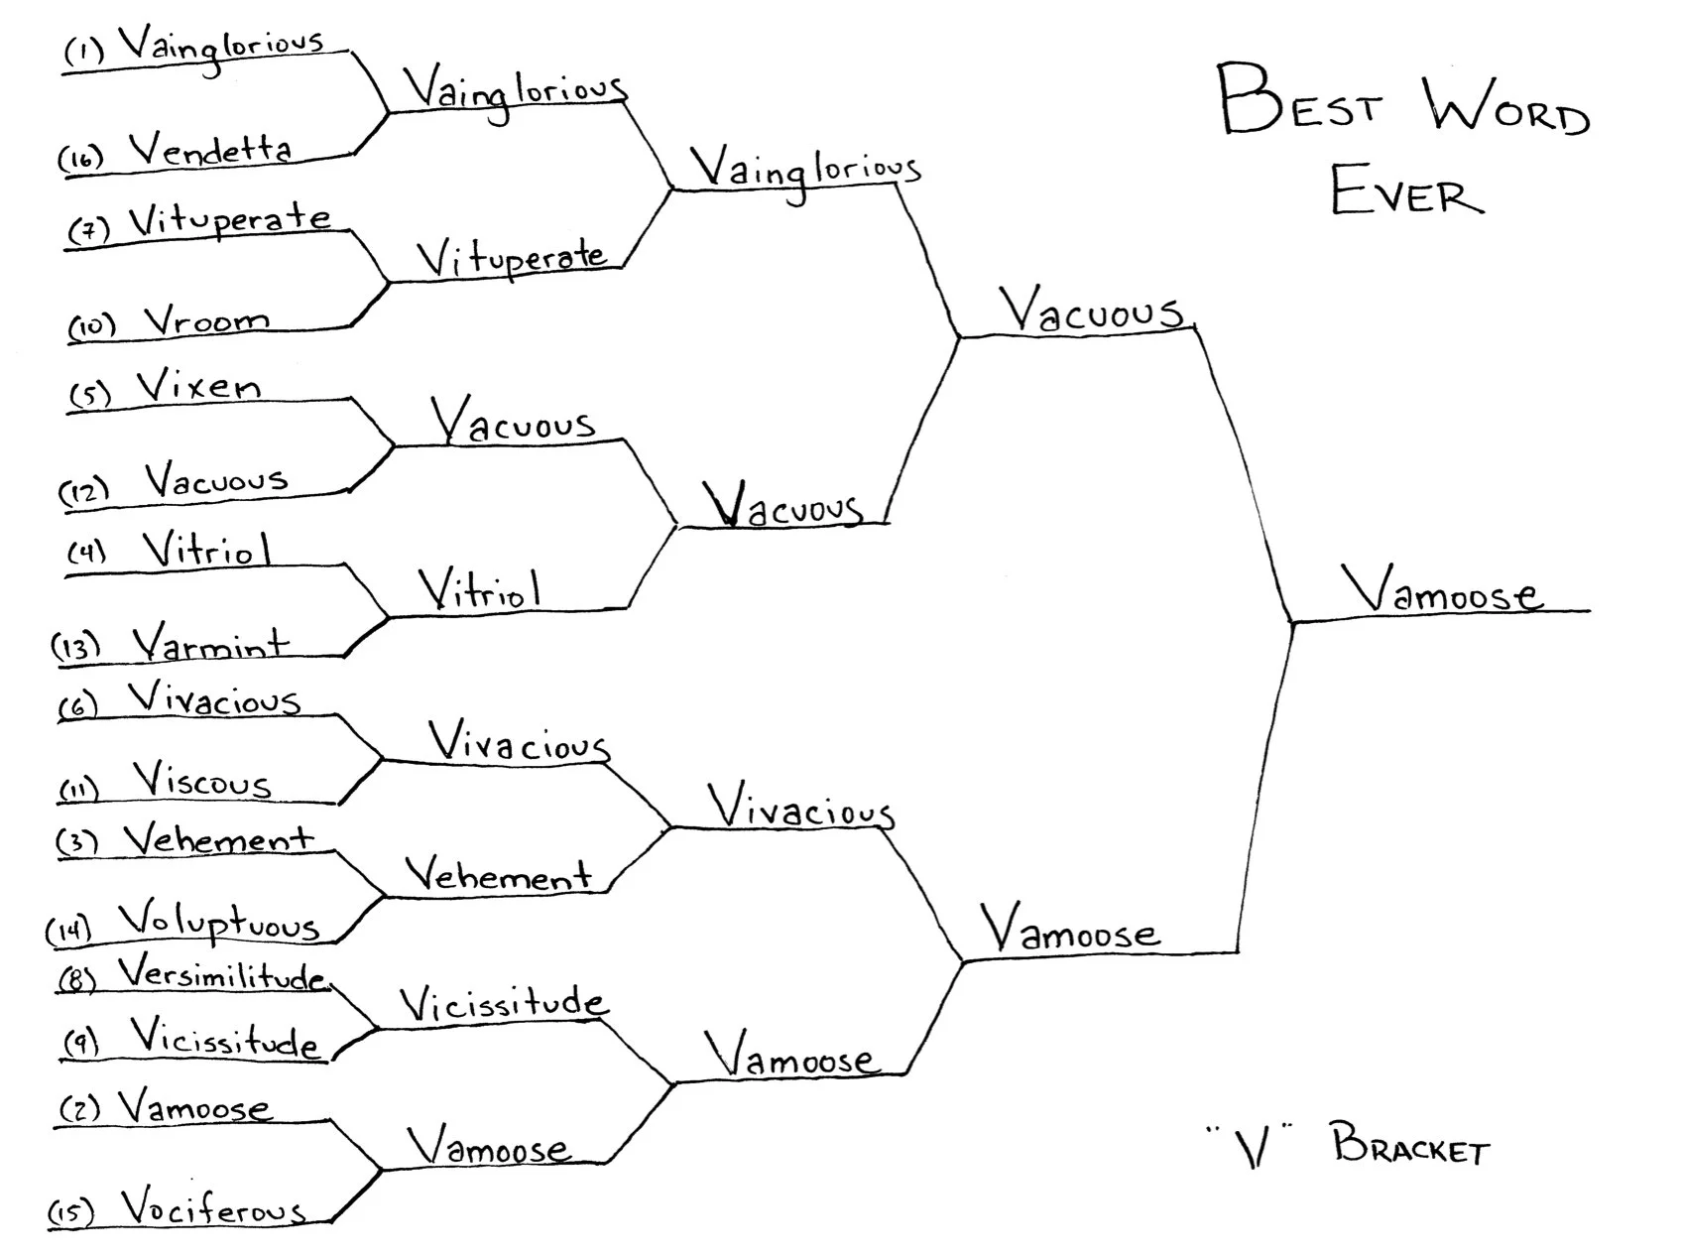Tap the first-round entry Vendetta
[210, 150]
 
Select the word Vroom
[206, 319]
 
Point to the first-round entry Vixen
[198, 386]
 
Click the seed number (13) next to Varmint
[76, 647]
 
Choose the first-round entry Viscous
[202, 781]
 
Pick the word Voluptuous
[218, 923]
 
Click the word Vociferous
[212, 1207]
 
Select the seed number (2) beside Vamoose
[80, 1108]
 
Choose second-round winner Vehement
[498, 875]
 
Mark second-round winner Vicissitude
[503, 1004]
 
